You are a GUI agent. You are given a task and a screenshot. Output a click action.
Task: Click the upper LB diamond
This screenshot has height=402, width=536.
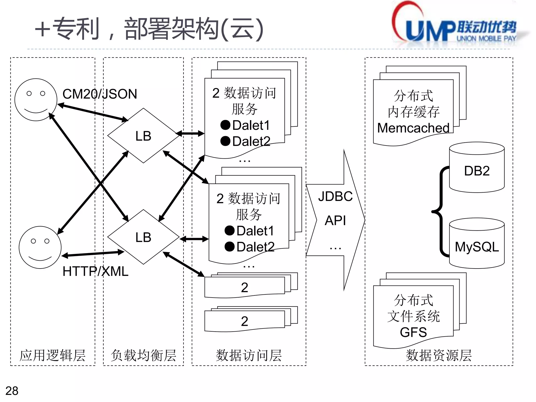coord(143,136)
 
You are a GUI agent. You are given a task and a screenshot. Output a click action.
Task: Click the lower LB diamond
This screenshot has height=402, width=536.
coord(143,237)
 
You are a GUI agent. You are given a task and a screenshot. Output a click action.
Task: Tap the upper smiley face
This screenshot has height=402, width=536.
coord(36,100)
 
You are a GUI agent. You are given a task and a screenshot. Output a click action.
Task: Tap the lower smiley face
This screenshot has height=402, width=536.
coord(40,247)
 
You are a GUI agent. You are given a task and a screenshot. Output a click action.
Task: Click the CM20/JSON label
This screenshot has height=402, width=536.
coord(100,94)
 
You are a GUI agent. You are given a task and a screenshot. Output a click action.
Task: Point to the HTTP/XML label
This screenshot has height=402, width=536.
coord(95,271)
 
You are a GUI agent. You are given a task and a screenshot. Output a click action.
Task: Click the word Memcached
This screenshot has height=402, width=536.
coord(413,128)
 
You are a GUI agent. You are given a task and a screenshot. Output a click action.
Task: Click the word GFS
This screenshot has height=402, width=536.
coord(413,332)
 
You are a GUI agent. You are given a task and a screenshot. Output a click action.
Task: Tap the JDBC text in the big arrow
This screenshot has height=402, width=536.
coord(335,196)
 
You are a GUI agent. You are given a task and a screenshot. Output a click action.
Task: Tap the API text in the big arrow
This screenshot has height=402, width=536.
coord(335,220)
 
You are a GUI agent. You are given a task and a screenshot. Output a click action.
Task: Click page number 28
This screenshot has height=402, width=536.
coord(12,391)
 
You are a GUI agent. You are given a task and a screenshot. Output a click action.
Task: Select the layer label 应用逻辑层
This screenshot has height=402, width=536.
coord(53,355)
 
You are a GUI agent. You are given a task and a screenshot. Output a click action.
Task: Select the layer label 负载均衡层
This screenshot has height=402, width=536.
coord(143,355)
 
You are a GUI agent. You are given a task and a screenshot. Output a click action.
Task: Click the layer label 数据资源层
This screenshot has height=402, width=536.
coord(439,355)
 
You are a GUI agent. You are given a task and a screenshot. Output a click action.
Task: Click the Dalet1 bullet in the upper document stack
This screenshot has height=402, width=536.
coord(245,125)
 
